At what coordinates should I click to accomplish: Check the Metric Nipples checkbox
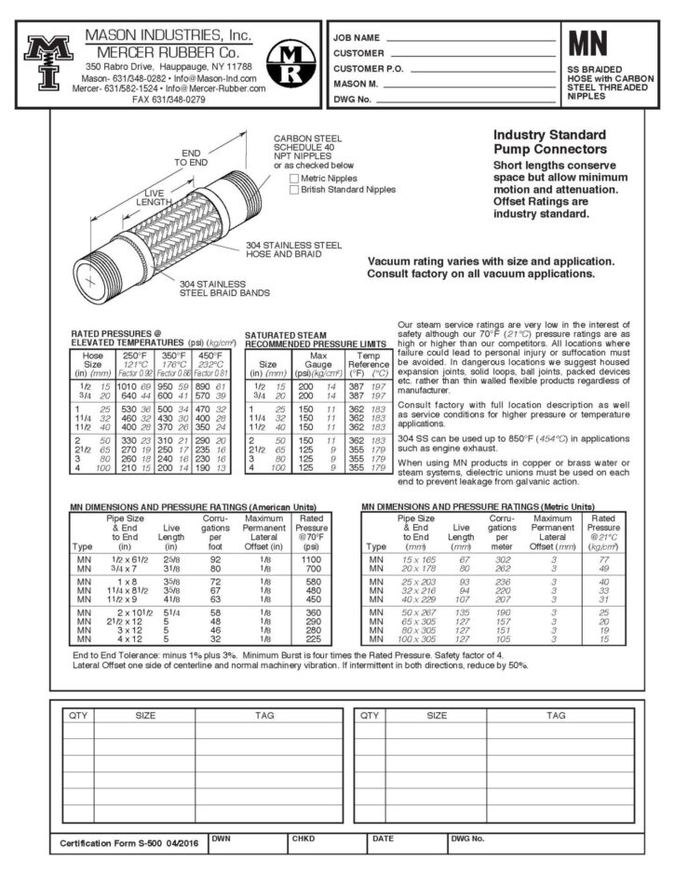[x=295, y=178]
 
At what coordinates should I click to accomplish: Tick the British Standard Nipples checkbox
[x=295, y=189]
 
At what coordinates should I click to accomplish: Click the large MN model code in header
[x=589, y=44]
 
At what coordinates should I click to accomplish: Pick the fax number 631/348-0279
[x=169, y=99]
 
